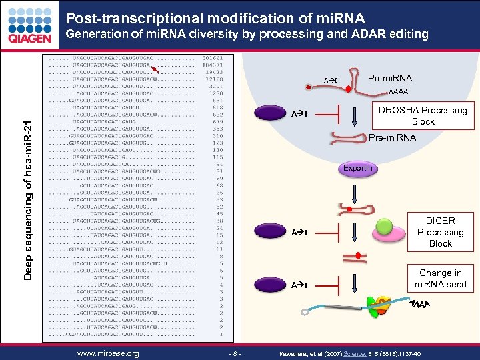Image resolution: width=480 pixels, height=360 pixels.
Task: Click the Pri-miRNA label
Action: click(x=390, y=78)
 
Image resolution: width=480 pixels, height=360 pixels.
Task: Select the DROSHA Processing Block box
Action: click(x=423, y=116)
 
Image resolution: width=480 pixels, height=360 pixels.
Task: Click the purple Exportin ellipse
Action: click(x=358, y=168)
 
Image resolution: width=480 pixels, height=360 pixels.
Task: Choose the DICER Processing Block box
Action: click(x=440, y=232)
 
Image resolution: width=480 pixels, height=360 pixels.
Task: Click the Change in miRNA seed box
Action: click(x=440, y=279)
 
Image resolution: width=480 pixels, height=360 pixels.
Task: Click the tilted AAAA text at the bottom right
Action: click(x=419, y=305)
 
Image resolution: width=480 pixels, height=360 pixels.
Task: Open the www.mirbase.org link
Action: click(x=108, y=353)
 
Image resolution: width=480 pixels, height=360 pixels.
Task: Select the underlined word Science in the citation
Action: click(x=354, y=353)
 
